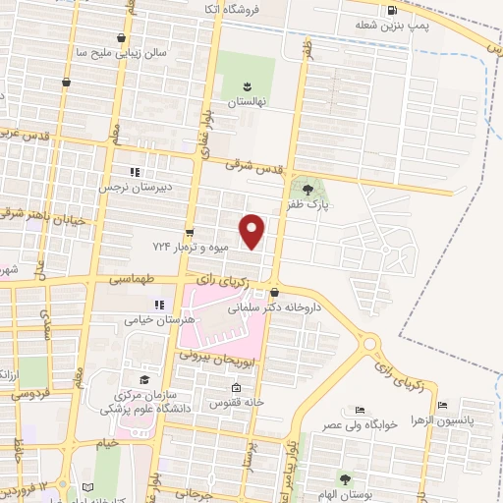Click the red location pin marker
[253, 232]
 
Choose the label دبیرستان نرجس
[134, 187]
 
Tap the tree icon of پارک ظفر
[308, 190]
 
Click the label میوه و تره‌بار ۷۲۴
[190, 246]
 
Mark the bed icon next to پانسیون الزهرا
[444, 405]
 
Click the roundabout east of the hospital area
[371, 344]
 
